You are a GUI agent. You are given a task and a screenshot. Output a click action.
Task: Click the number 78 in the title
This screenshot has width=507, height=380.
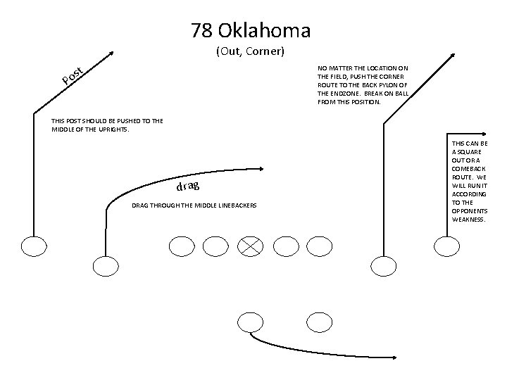pos(202,30)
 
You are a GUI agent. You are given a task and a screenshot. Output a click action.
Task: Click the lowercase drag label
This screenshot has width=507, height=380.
pos(188,186)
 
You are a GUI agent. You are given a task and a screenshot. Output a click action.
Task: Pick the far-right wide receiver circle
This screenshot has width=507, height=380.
pos(445,246)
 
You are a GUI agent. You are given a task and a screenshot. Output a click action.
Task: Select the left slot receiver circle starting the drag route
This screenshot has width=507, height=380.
pos(105,266)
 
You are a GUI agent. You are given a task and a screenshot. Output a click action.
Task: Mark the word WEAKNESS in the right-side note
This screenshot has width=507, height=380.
pos(469,219)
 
